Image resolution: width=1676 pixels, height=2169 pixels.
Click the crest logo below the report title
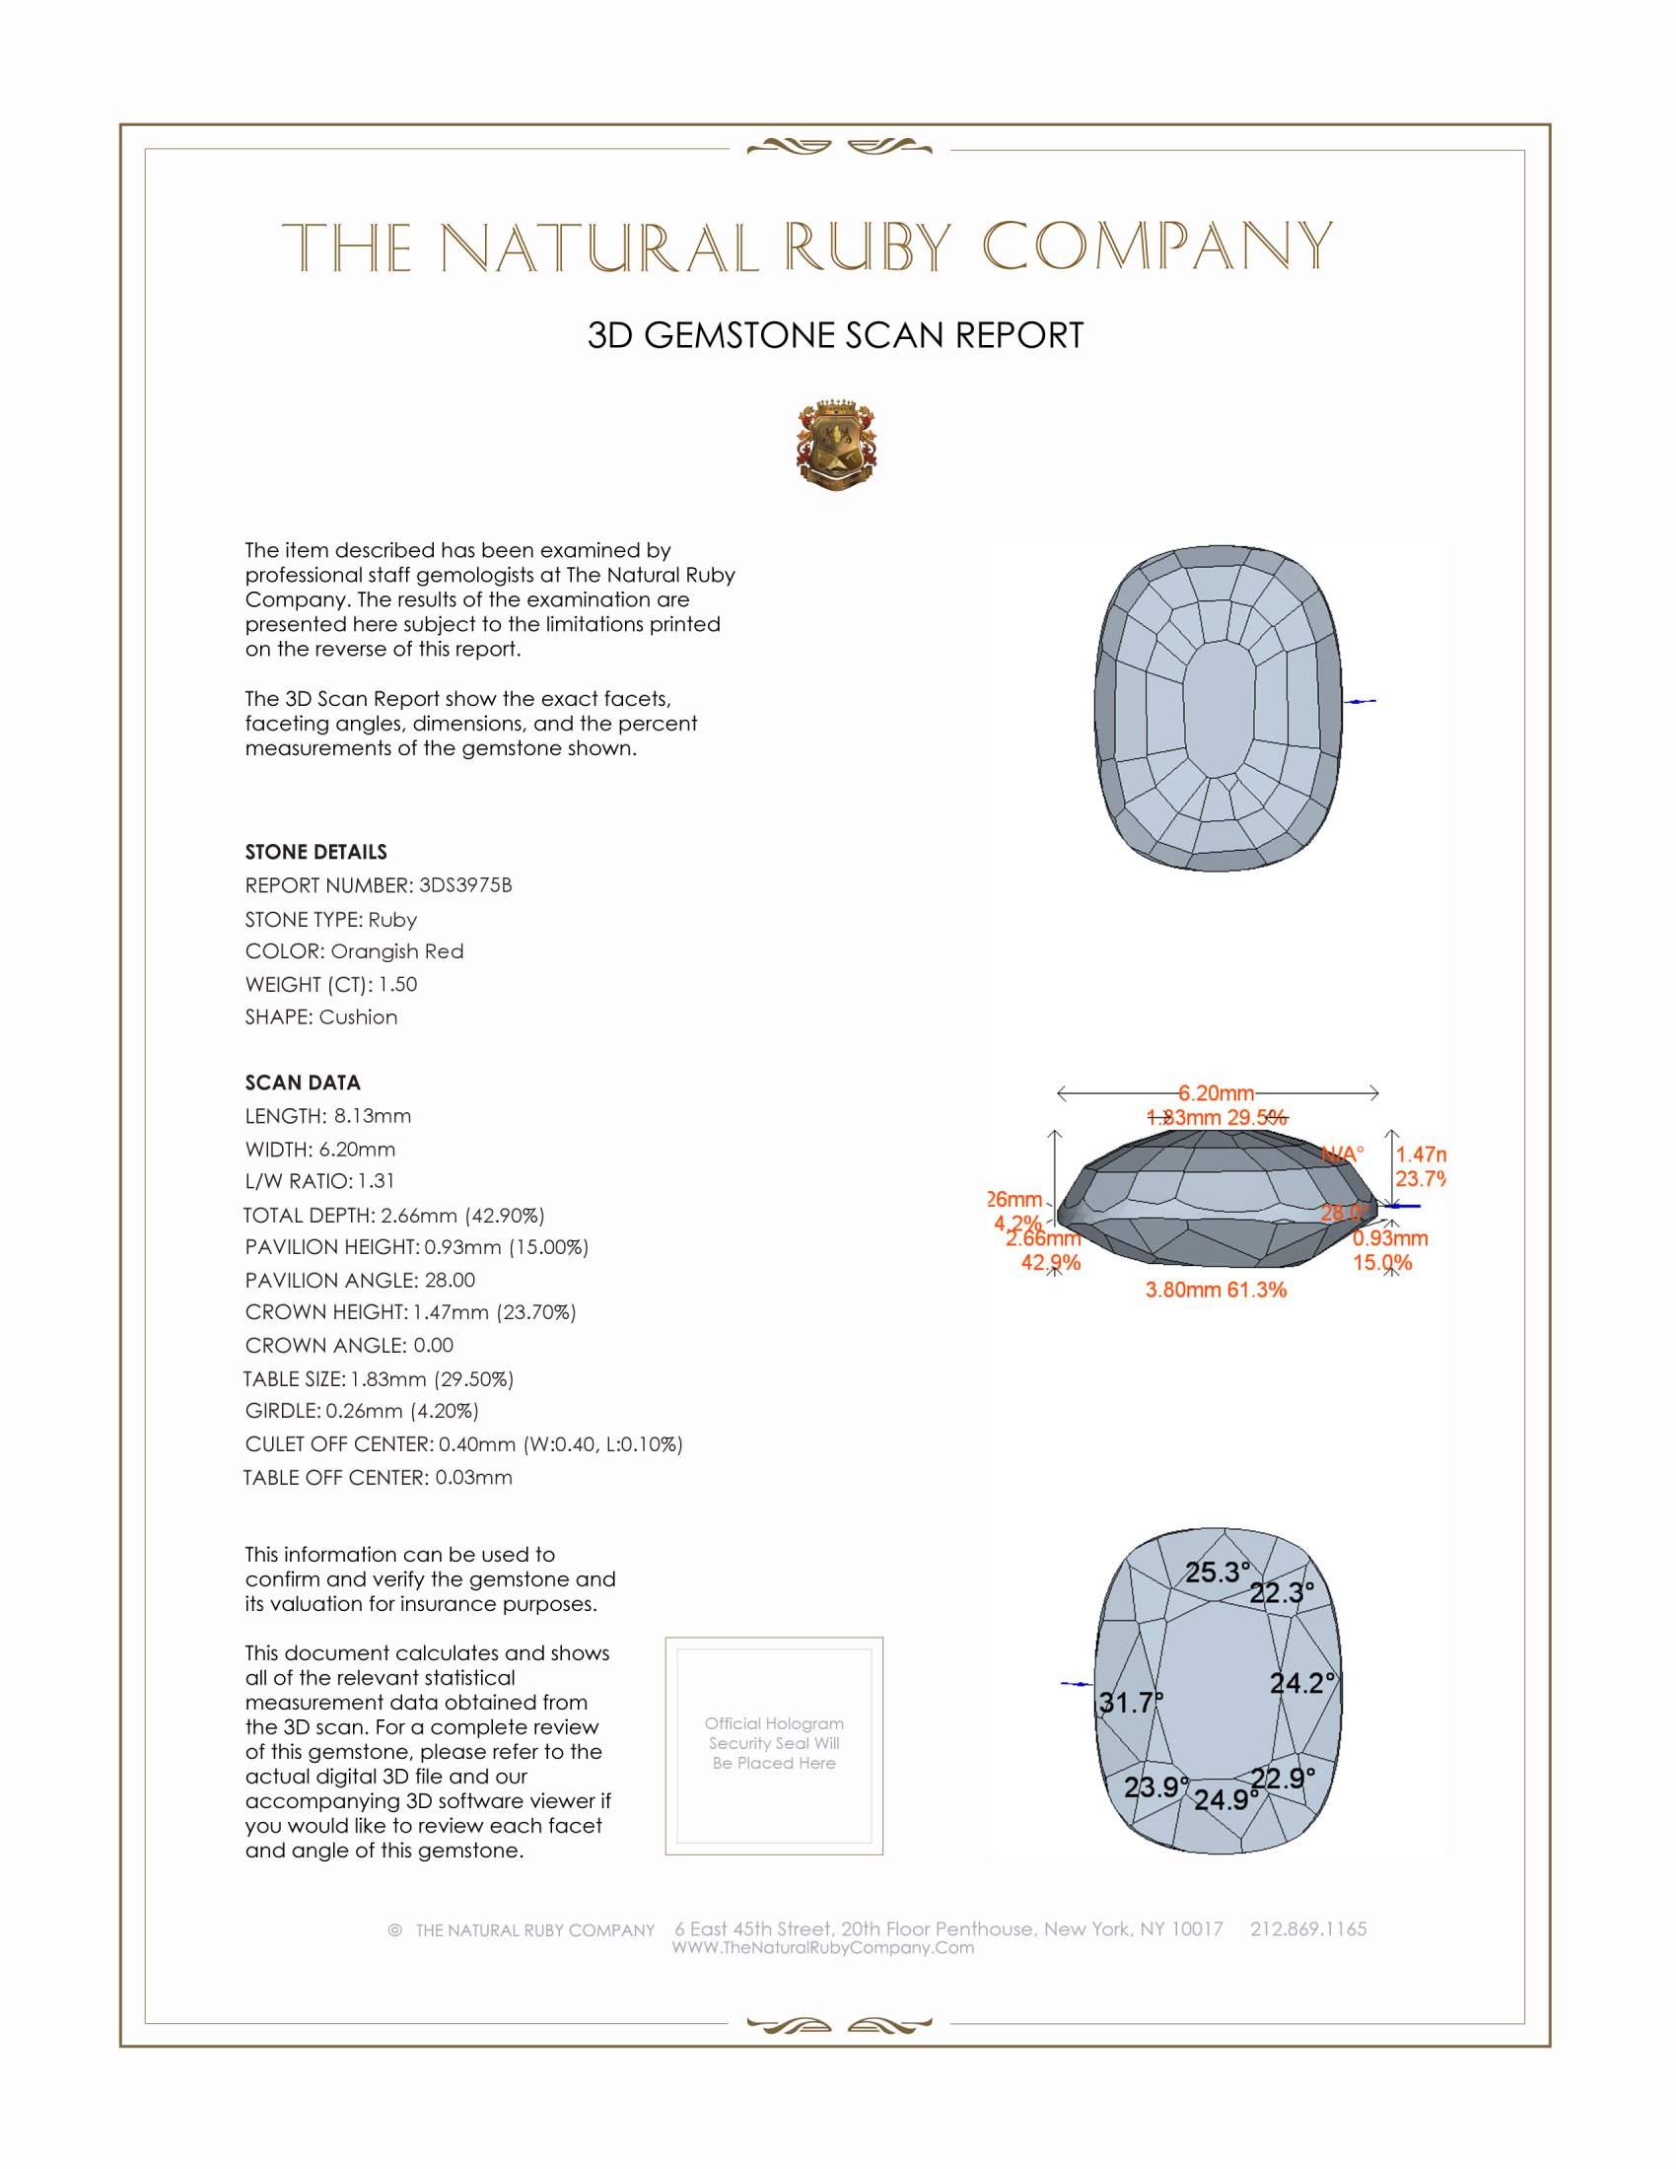836,446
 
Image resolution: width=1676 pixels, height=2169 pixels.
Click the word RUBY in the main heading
867,247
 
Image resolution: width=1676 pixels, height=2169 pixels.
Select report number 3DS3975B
464,885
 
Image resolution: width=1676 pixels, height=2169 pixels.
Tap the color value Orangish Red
396,951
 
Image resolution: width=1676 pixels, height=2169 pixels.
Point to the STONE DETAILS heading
315,852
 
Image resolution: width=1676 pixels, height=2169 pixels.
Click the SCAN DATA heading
303,1083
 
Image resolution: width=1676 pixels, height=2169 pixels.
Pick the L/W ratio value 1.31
377,1181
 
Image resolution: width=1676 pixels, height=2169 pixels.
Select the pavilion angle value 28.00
449,1280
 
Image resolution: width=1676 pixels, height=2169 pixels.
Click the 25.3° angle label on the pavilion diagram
1217,1573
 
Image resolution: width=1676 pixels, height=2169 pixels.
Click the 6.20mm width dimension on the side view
1217,1093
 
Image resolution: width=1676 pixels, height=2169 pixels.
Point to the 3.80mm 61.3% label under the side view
1216,1291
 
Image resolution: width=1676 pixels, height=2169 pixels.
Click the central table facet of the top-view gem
1219,709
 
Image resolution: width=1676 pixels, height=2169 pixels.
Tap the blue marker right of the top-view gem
1362,702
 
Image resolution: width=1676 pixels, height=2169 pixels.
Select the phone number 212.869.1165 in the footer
1307,1928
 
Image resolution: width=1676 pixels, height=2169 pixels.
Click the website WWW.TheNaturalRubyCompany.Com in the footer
823,1947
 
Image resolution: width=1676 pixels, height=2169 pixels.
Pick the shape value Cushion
358,1017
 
